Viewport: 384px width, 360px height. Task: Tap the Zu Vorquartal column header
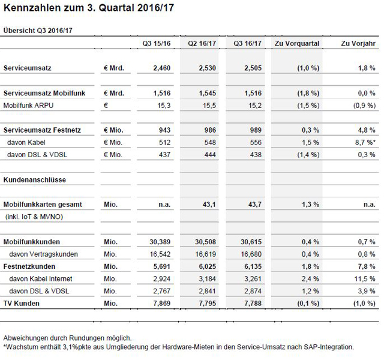coord(296,43)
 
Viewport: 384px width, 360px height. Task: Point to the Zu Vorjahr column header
coord(358,43)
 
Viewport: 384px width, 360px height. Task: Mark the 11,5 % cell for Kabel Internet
coord(364,279)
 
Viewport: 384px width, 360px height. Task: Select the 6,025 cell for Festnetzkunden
coord(208,266)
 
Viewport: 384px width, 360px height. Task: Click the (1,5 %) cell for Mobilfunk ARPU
coord(306,105)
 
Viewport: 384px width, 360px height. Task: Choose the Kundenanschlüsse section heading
coord(35,179)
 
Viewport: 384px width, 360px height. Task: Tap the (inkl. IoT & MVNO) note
coord(34,216)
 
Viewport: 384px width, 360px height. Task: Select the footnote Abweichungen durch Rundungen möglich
coord(67,338)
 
